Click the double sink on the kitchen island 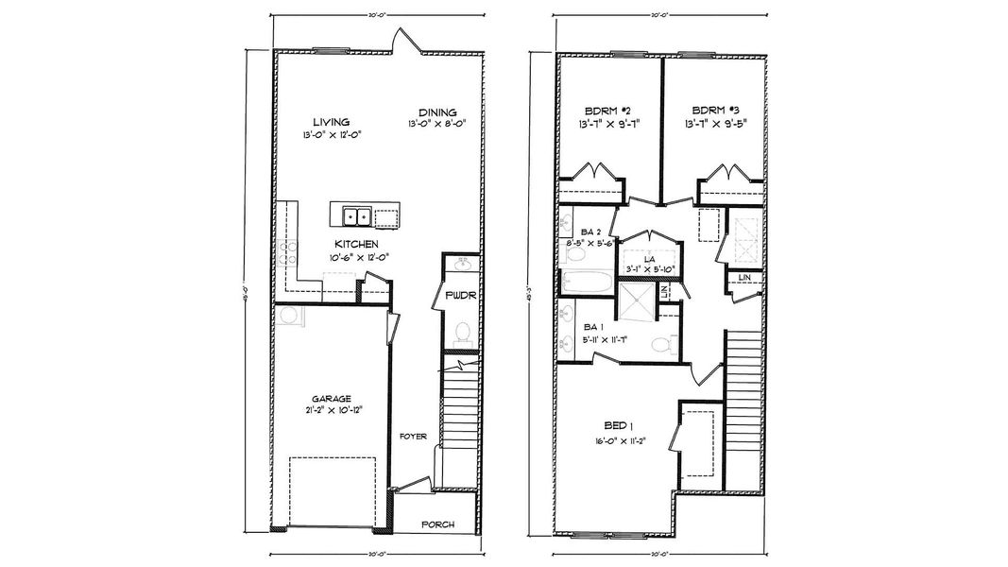356,216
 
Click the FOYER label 413,437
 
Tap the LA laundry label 650,258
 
